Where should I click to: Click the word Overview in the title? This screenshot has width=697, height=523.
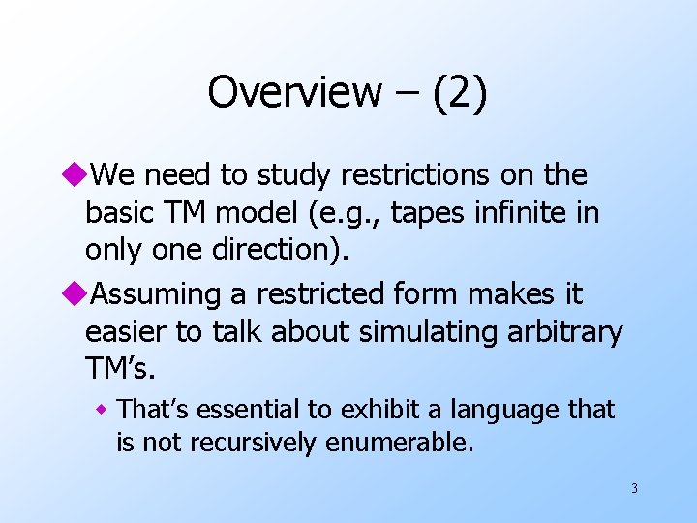(294, 93)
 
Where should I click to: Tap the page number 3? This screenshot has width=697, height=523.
(634, 488)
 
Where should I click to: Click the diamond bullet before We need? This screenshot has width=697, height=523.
(78, 175)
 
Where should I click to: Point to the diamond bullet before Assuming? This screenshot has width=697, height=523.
(78, 293)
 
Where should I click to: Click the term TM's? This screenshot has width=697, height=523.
(120, 368)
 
